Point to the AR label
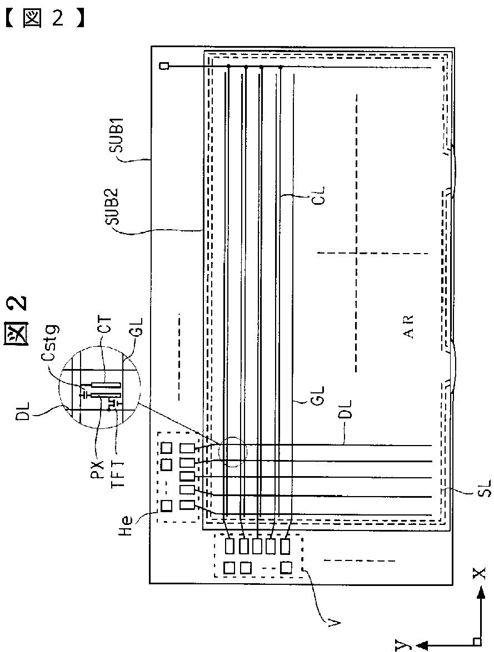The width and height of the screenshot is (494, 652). coord(410,328)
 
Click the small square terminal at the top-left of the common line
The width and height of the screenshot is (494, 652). coord(164,67)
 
